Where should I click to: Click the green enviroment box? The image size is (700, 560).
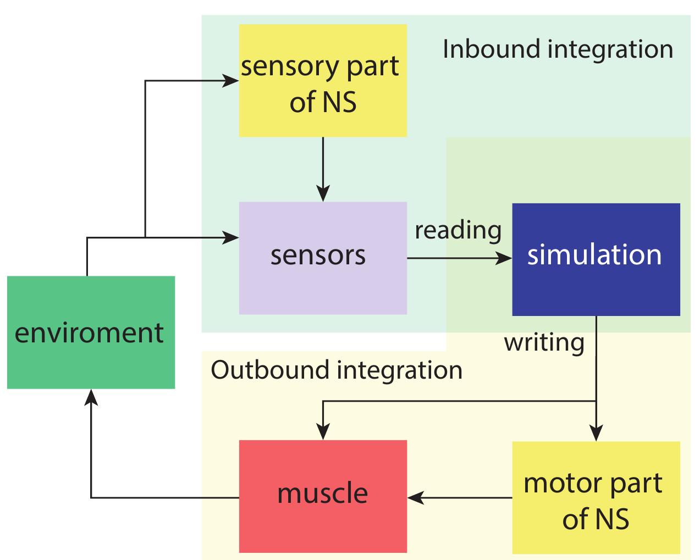click(91, 332)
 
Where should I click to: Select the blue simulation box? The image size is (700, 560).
click(596, 259)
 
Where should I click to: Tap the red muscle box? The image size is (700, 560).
click(323, 496)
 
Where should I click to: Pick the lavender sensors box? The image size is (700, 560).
click(323, 258)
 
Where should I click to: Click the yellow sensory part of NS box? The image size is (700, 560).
click(323, 80)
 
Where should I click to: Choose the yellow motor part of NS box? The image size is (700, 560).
click(596, 497)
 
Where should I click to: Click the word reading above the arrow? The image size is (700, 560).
click(458, 231)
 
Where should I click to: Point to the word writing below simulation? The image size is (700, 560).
click(544, 342)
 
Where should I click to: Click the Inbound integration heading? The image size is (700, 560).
click(558, 49)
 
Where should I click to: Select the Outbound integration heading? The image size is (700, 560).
click(337, 370)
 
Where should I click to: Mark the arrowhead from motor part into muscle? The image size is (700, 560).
click(416, 498)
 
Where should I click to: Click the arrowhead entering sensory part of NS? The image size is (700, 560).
click(232, 81)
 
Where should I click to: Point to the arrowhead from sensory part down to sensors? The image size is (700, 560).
click(323, 194)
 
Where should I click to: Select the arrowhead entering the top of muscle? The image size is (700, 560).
click(323, 433)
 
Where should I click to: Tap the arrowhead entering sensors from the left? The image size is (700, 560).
click(232, 238)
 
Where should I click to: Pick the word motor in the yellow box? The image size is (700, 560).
click(557, 483)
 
